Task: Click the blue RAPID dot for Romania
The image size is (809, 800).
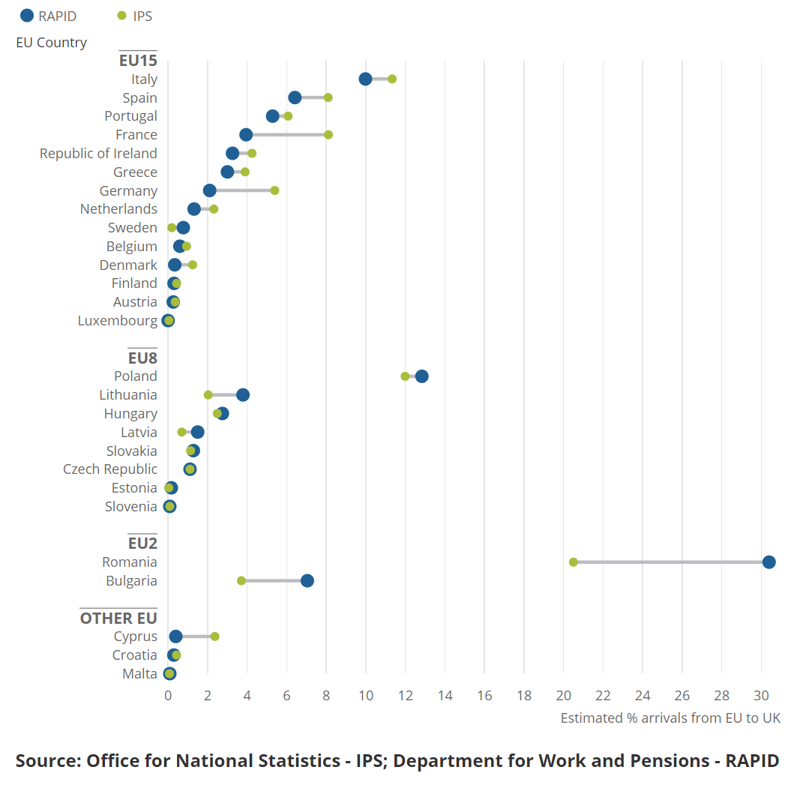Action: click(x=769, y=562)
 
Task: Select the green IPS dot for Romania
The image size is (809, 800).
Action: click(x=574, y=562)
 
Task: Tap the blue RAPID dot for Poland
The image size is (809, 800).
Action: click(x=421, y=376)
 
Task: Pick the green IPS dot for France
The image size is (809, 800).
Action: click(x=328, y=135)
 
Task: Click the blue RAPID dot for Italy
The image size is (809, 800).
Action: click(x=365, y=79)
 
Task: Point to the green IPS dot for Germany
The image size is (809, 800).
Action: click(x=274, y=190)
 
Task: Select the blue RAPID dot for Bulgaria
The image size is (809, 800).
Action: click(x=307, y=581)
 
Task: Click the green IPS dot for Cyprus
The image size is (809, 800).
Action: click(x=214, y=637)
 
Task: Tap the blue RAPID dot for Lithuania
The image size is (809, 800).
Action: click(x=242, y=395)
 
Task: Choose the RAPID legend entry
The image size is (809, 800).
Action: click(x=49, y=16)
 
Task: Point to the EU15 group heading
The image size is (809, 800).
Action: click(x=138, y=61)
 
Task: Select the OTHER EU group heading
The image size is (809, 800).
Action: click(x=118, y=619)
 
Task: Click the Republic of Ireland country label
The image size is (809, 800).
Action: click(x=98, y=154)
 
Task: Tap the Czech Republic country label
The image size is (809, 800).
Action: click(x=110, y=469)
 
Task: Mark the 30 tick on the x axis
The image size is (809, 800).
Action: click(x=761, y=695)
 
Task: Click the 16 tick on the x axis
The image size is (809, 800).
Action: click(x=484, y=695)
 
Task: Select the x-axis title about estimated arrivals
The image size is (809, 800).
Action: click(x=670, y=718)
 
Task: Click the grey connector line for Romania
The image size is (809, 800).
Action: click(x=671, y=562)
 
